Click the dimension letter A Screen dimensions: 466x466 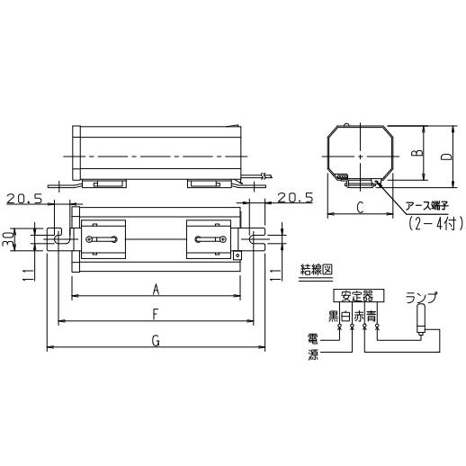pyautogui.click(x=156, y=290)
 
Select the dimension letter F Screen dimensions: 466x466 pyautogui.click(x=155, y=315)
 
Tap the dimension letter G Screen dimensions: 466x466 pyautogui.click(x=156, y=341)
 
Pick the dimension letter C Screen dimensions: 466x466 pyautogui.click(x=361, y=208)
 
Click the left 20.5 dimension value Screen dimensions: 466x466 pyautogui.click(x=24, y=199)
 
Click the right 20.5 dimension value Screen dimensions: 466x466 pyautogui.click(x=295, y=198)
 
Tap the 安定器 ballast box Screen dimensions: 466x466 pyautogui.click(x=358, y=296)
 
